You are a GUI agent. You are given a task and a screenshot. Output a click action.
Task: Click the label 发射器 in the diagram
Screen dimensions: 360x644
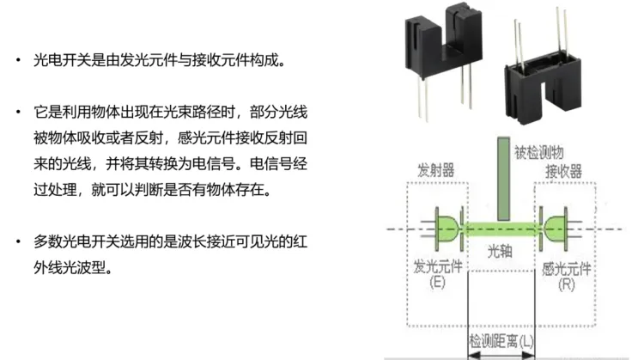click(435, 167)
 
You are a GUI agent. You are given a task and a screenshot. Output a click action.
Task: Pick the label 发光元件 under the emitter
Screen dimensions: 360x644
click(438, 266)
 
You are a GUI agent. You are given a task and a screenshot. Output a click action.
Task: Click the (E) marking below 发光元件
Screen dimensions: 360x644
click(438, 283)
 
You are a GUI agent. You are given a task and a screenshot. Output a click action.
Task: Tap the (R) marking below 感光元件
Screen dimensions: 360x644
click(565, 283)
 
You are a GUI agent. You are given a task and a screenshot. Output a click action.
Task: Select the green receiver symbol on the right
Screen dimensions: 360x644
click(553, 227)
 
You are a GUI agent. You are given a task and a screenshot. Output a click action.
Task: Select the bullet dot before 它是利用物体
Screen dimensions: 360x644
click(19, 113)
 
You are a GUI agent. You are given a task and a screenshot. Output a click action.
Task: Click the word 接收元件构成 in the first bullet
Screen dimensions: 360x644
click(235, 61)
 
